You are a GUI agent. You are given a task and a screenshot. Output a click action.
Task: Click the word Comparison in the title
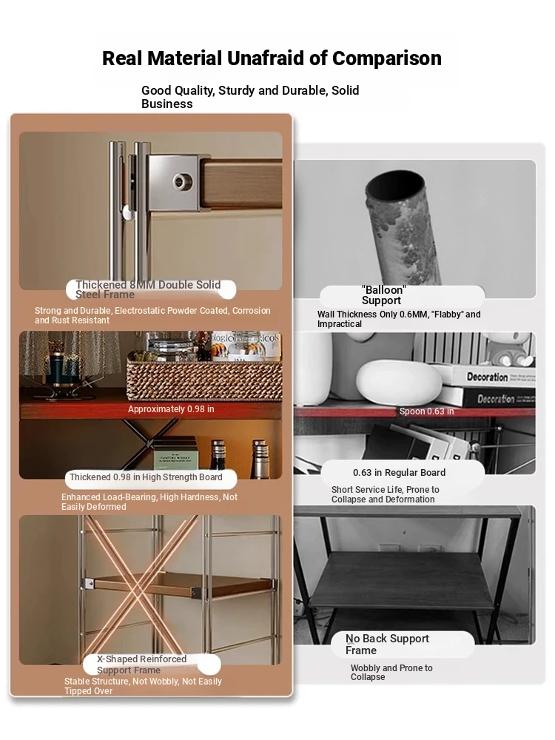click(x=386, y=58)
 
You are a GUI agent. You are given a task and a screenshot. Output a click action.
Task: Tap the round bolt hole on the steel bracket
click(x=180, y=181)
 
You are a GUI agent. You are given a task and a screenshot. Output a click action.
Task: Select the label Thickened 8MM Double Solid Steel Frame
click(x=148, y=289)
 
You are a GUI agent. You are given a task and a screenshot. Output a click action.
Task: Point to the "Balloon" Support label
click(x=383, y=295)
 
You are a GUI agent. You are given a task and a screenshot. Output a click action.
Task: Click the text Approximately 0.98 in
click(x=171, y=409)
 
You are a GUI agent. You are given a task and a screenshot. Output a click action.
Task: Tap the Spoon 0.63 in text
click(x=427, y=411)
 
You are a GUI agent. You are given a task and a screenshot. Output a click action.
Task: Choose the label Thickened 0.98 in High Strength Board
click(x=146, y=477)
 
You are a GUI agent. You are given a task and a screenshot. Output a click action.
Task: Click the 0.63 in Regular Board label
click(x=400, y=472)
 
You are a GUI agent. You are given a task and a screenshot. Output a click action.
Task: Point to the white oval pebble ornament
click(x=400, y=382)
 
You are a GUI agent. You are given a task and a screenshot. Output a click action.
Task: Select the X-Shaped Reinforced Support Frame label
click(x=141, y=665)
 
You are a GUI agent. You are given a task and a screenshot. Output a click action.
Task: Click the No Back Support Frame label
click(x=387, y=645)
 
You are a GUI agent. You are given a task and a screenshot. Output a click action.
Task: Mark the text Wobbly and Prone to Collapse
click(x=391, y=673)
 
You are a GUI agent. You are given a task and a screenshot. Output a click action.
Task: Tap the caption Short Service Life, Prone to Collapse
click(x=385, y=494)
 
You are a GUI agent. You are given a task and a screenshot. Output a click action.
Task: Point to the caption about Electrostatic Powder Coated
click(x=152, y=315)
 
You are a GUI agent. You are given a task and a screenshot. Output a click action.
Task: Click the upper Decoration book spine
click(x=487, y=377)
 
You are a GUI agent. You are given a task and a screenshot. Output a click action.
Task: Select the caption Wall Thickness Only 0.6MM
click(x=399, y=319)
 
